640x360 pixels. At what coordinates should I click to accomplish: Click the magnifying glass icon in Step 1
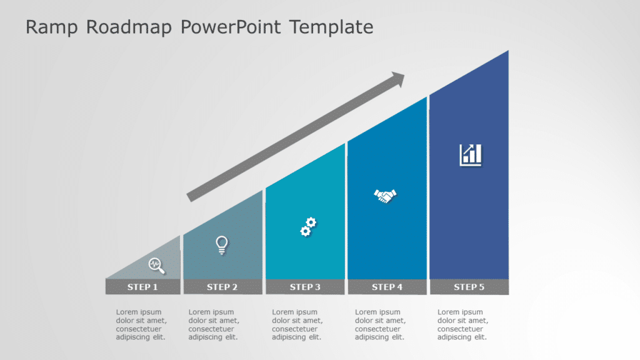pyautogui.click(x=157, y=265)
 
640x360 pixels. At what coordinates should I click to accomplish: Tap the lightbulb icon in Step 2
pyautogui.click(x=221, y=244)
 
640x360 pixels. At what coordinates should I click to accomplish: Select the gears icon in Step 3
pyautogui.click(x=307, y=227)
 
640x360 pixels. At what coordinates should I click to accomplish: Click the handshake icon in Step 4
pyautogui.click(x=386, y=196)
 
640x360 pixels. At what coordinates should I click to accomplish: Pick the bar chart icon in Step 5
pyautogui.click(x=471, y=154)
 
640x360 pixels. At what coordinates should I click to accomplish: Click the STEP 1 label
pyautogui.click(x=142, y=287)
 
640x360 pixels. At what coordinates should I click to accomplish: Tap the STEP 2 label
pyautogui.click(x=222, y=287)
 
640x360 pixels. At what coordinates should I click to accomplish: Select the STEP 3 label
pyautogui.click(x=305, y=287)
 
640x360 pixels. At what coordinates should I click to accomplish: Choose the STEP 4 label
pyautogui.click(x=387, y=287)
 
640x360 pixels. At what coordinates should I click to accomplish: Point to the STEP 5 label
pyautogui.click(x=469, y=287)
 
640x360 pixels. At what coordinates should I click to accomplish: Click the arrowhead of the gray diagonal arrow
pyautogui.click(x=397, y=79)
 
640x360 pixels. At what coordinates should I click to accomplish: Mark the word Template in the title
pyautogui.click(x=331, y=27)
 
